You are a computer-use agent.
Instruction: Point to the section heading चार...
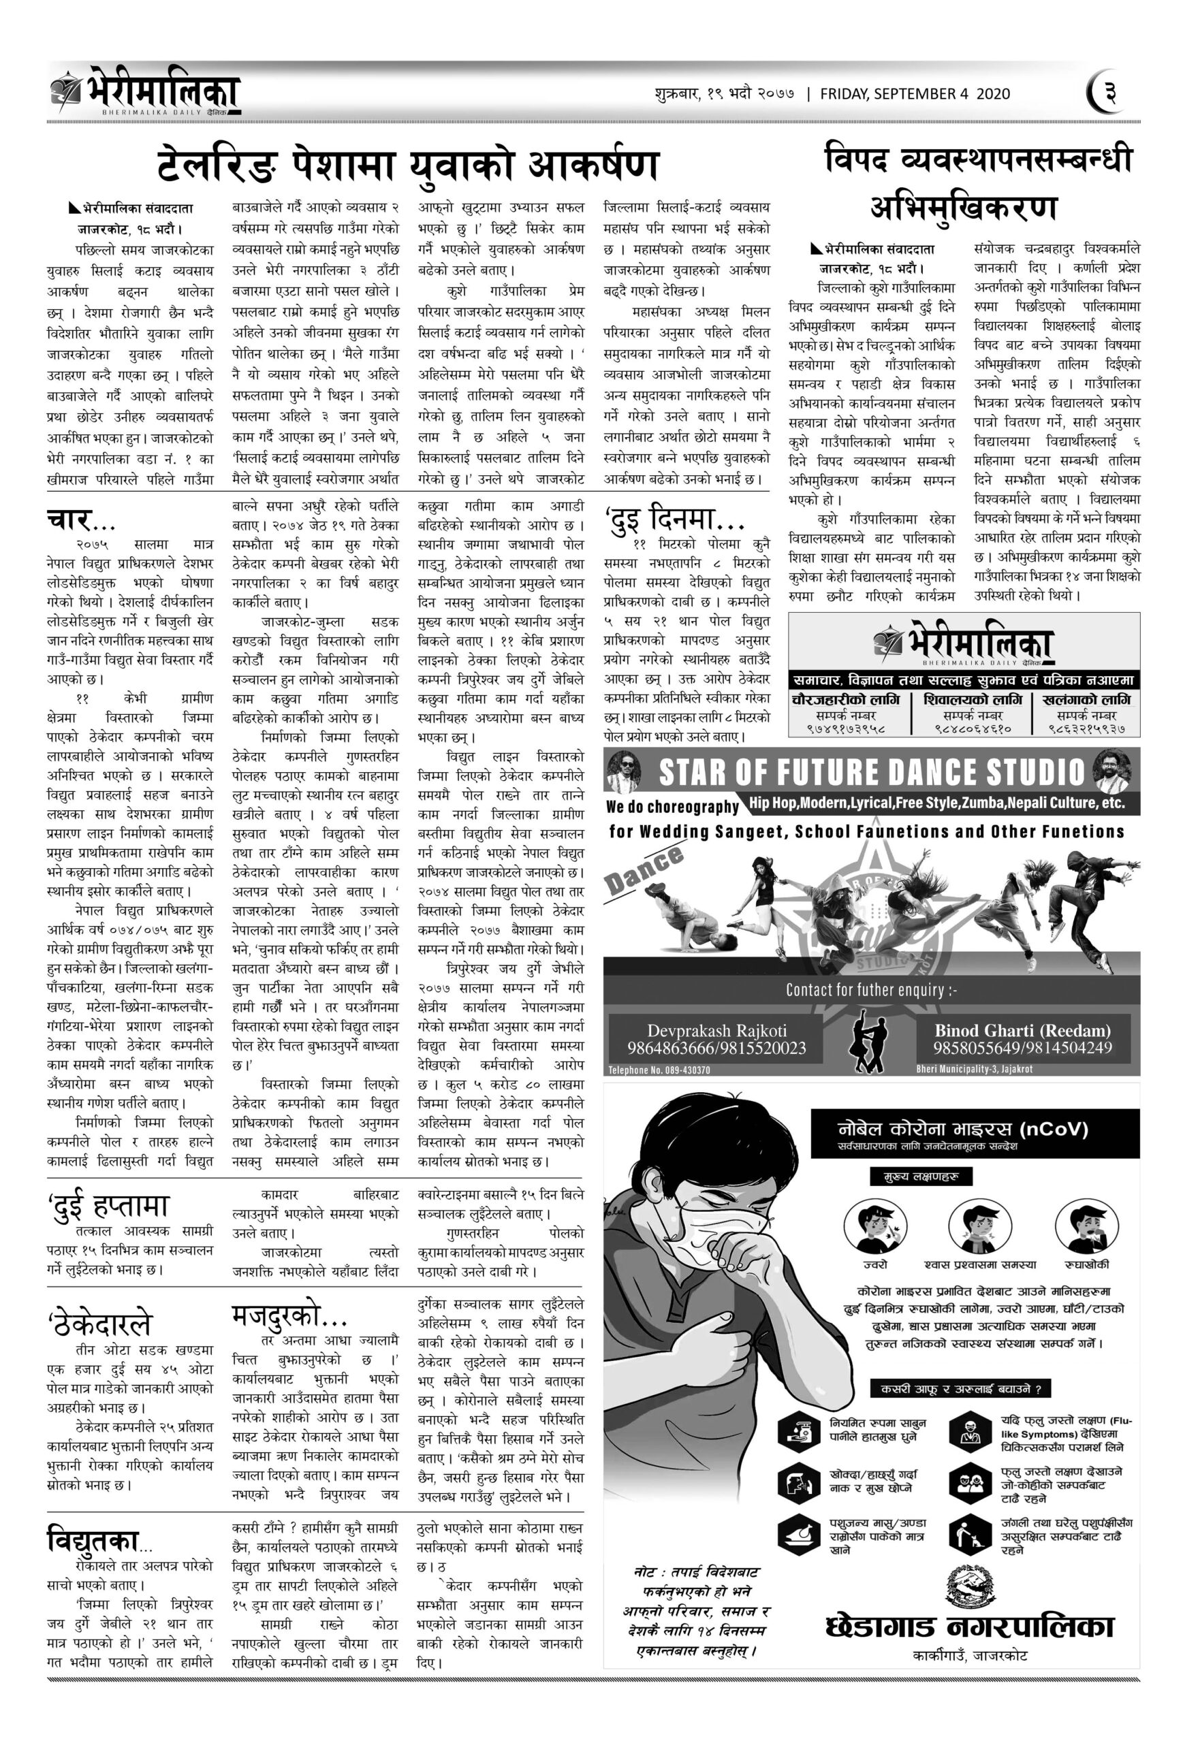pos(68,519)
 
